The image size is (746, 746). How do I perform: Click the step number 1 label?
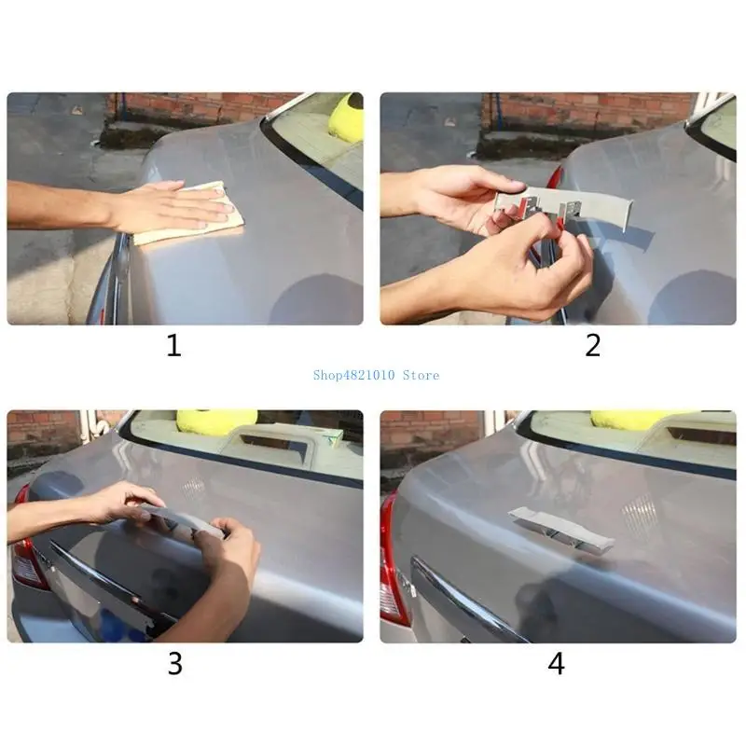(174, 345)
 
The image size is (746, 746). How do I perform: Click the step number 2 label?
(593, 345)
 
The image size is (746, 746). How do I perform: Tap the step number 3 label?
(175, 663)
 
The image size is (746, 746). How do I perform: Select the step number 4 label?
(556, 663)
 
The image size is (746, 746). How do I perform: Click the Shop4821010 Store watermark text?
(376, 376)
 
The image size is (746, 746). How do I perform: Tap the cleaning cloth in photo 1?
(190, 214)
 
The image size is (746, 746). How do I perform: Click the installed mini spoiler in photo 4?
(561, 529)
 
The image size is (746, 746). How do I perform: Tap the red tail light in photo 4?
(394, 561)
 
